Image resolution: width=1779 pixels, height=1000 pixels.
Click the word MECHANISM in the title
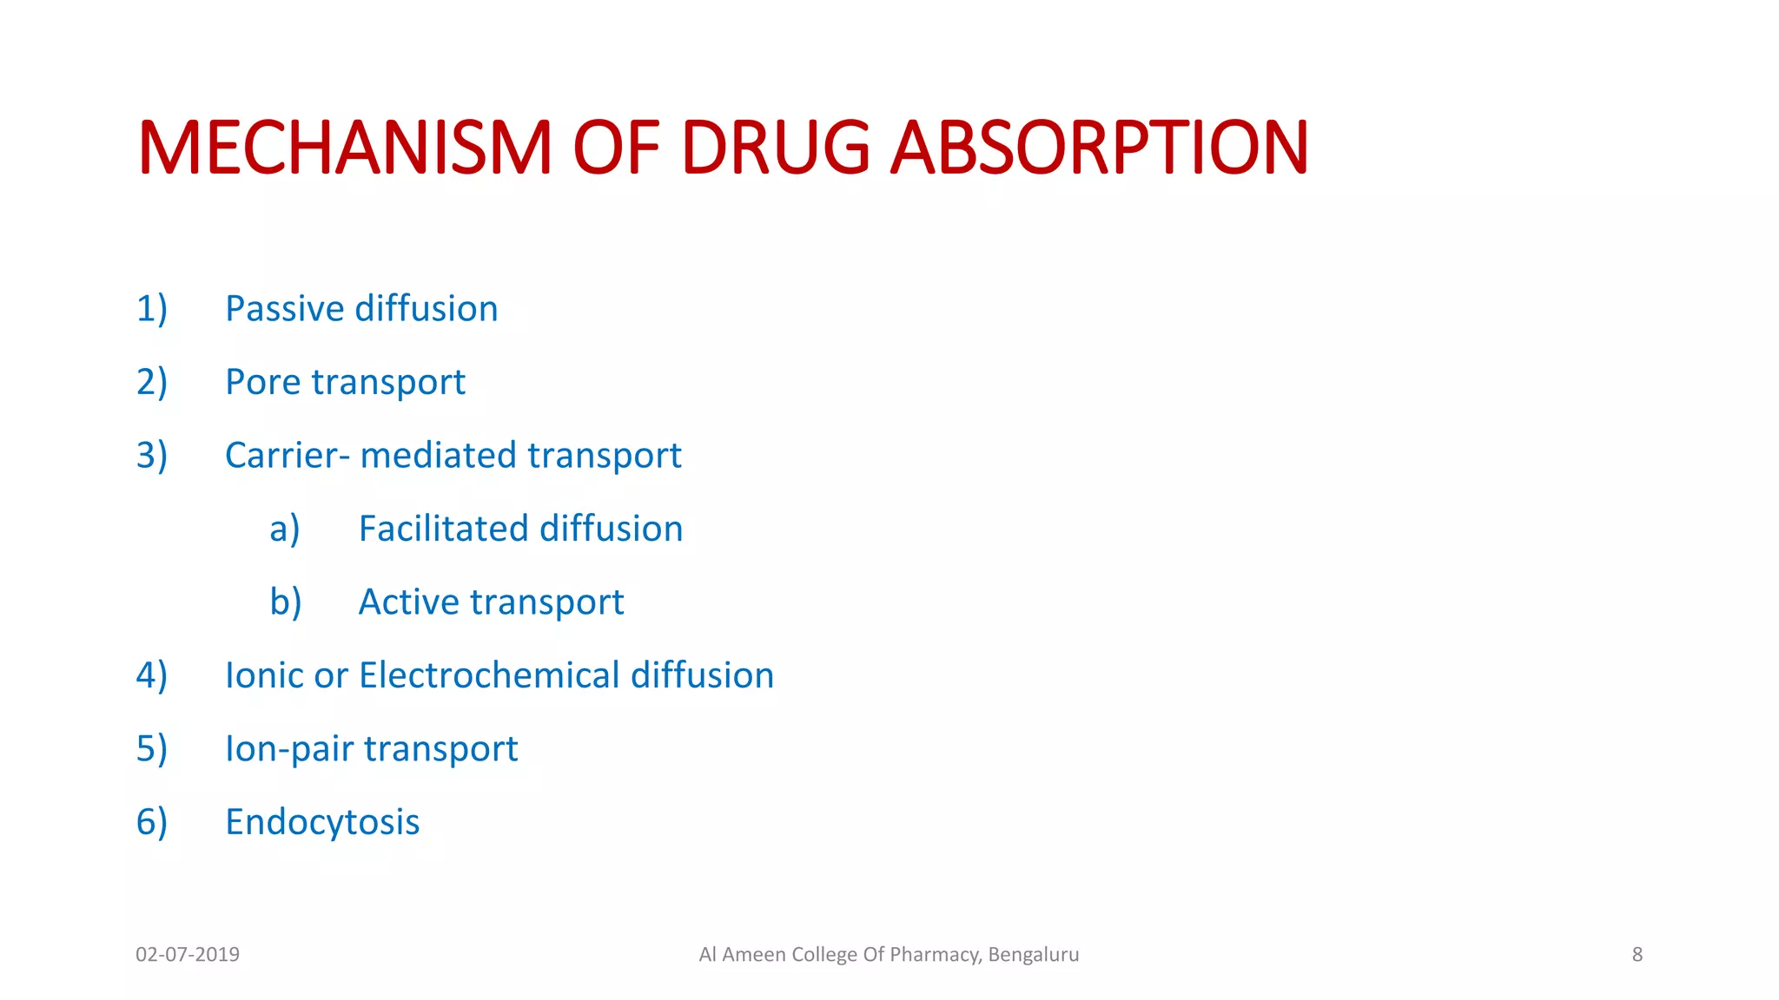click(x=345, y=148)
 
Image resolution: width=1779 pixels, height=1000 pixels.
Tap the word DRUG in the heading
click(x=775, y=148)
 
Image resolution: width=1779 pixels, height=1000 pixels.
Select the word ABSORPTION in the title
click(x=1100, y=148)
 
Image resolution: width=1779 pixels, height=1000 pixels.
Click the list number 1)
click(x=151, y=309)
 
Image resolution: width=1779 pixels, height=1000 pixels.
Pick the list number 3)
click(x=151, y=456)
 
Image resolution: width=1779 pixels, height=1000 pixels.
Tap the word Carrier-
click(x=288, y=456)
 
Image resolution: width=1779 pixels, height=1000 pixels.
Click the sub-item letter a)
click(x=285, y=529)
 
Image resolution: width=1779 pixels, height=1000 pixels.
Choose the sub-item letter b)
click(x=285, y=602)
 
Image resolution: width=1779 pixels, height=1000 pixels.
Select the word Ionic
click(x=265, y=675)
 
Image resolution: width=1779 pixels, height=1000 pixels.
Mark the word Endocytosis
click(x=322, y=822)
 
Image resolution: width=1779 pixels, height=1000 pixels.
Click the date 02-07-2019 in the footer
click(x=188, y=955)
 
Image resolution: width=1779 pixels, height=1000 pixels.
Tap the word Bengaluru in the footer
click(x=1034, y=955)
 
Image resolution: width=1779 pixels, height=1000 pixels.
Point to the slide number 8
click(x=1637, y=955)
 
